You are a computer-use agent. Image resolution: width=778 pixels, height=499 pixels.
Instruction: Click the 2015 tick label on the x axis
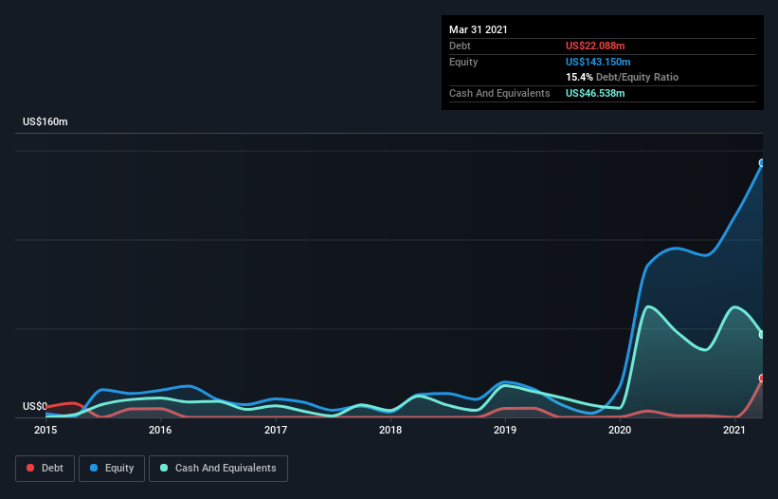click(45, 430)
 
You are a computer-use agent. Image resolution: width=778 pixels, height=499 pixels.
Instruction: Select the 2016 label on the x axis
click(160, 430)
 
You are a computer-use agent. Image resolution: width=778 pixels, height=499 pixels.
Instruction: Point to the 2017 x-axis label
click(276, 430)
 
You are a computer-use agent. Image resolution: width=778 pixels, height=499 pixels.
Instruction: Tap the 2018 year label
click(390, 430)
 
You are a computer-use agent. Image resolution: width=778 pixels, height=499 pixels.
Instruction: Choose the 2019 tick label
click(505, 430)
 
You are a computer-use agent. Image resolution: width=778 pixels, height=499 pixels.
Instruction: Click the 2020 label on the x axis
click(620, 430)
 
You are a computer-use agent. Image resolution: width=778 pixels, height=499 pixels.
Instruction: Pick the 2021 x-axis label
click(734, 430)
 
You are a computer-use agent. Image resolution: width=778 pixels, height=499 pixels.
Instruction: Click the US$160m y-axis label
click(45, 121)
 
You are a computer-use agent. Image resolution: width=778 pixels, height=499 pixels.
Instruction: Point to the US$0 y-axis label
click(35, 406)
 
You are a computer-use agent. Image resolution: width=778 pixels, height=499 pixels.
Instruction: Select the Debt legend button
click(45, 469)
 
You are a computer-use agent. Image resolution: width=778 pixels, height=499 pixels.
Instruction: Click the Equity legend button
click(112, 469)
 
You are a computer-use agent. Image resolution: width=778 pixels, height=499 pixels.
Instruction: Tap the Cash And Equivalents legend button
click(218, 469)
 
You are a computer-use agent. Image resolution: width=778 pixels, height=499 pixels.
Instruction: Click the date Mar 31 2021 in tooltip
click(479, 29)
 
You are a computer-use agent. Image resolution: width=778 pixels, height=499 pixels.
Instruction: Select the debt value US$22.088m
click(595, 46)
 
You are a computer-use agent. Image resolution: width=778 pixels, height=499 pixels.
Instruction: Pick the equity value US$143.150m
click(598, 62)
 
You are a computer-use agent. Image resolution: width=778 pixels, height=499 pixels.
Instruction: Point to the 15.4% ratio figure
click(579, 77)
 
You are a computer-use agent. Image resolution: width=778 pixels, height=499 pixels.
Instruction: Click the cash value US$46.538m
click(595, 93)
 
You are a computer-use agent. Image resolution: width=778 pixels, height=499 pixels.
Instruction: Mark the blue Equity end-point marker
click(762, 163)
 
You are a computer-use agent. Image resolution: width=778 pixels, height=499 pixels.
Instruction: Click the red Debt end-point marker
click(762, 379)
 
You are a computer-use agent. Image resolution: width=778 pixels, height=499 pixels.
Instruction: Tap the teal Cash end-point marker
click(762, 335)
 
